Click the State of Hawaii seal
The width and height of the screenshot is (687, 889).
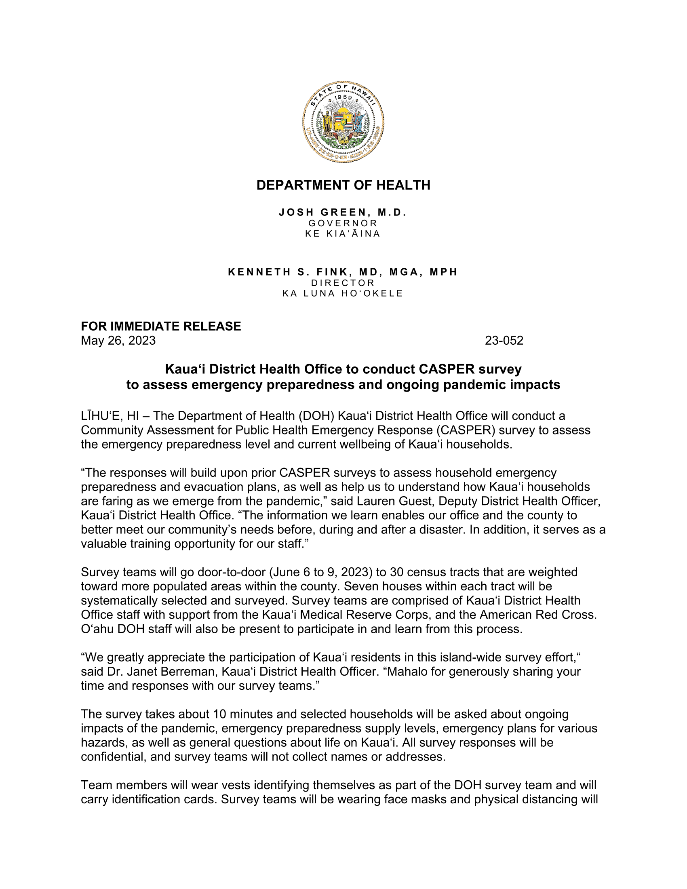click(x=343, y=122)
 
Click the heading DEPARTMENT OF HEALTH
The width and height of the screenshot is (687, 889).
click(x=343, y=185)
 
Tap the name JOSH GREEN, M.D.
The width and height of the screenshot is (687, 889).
click(x=343, y=212)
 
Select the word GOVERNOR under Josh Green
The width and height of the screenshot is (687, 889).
click(x=343, y=223)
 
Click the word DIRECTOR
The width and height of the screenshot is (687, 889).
click(x=343, y=282)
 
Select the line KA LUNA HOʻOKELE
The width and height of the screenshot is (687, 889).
click(x=343, y=293)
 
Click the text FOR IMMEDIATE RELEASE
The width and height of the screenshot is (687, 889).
click(x=161, y=326)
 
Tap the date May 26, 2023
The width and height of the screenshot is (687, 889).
click(x=118, y=340)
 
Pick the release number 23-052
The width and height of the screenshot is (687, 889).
click(x=504, y=340)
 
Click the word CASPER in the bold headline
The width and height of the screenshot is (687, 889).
click(x=447, y=369)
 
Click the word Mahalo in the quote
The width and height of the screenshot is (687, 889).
click(x=407, y=671)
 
